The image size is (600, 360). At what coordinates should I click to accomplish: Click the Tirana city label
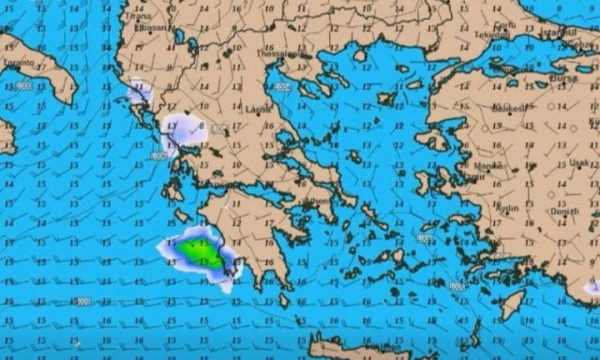pyautogui.click(x=139, y=16)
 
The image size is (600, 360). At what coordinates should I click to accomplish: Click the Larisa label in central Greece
pyautogui.click(x=257, y=109)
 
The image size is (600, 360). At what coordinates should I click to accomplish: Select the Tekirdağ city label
pyautogui.click(x=490, y=35)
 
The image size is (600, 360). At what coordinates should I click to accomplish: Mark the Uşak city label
pyautogui.click(x=579, y=161)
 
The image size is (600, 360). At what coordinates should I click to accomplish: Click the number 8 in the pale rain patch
pyautogui.click(x=201, y=126)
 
